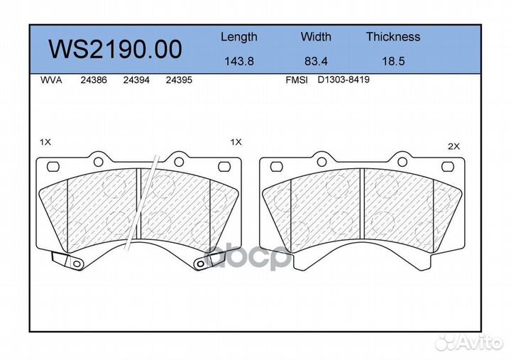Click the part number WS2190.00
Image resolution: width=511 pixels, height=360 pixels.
pos(115,49)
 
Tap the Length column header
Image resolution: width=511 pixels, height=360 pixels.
pos(239,37)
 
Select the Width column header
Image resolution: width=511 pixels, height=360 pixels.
pos(316,36)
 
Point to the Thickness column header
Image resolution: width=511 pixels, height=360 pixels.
pos(393,36)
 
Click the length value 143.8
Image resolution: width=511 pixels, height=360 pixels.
pos(239,61)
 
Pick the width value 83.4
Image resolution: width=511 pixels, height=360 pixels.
pos(316,61)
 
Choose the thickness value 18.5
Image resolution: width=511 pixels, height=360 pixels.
pos(393,61)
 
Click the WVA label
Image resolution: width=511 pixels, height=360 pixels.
pos(51,80)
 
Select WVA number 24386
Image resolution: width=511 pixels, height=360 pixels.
pos(94,80)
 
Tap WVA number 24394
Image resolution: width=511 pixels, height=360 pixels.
pos(136,80)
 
